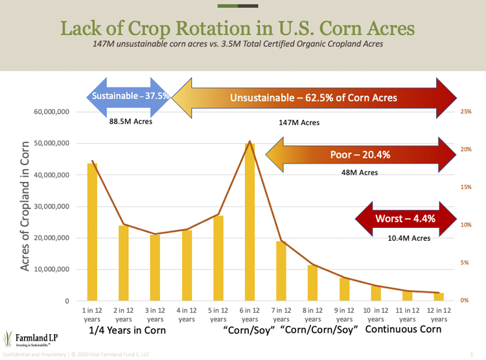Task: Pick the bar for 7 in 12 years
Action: [281, 271]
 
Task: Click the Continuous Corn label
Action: [404, 330]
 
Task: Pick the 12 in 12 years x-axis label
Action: [439, 315]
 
